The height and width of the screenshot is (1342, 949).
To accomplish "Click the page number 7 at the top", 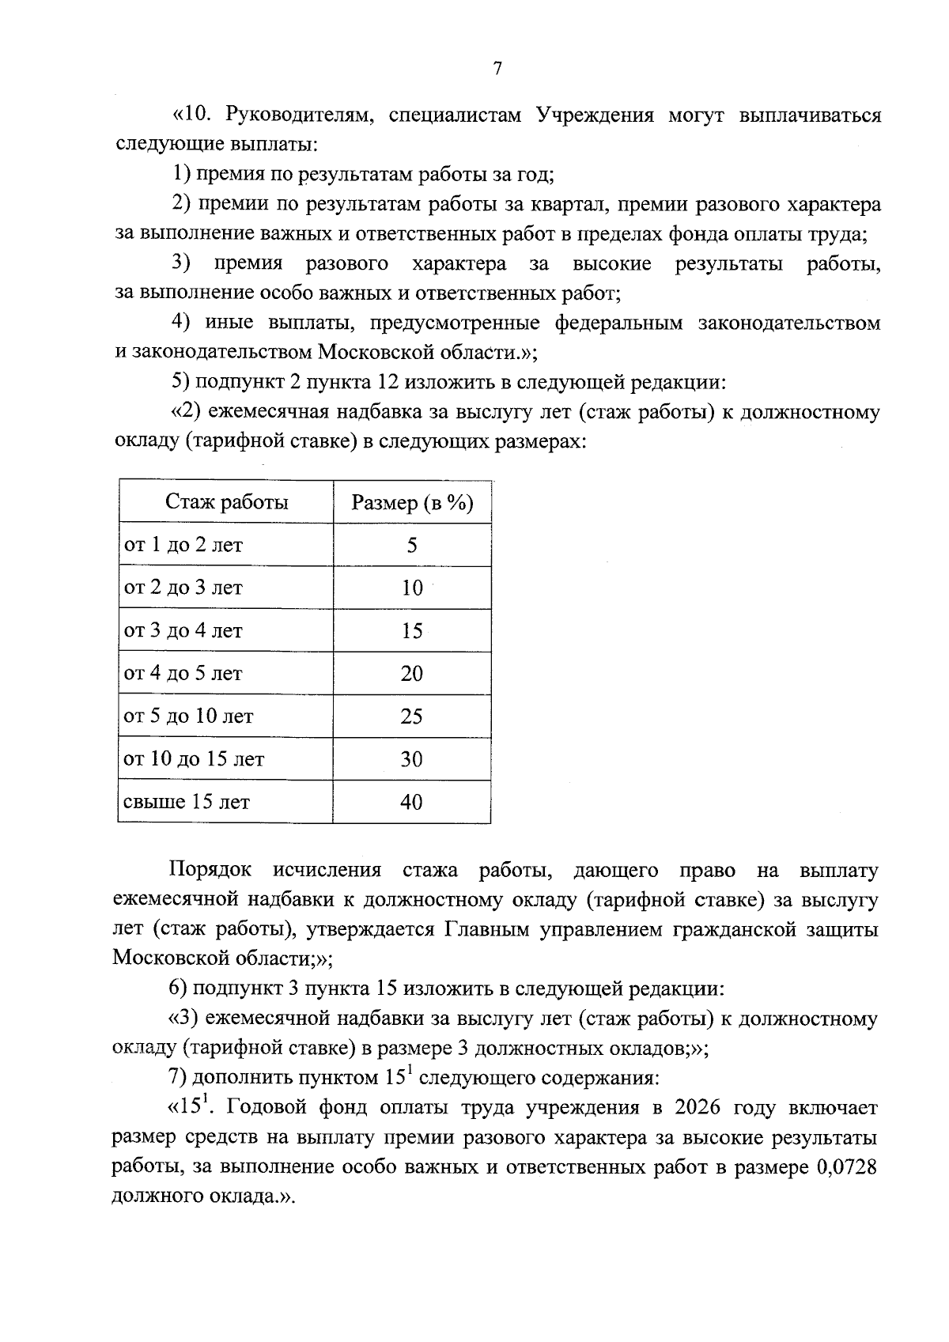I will point(497,70).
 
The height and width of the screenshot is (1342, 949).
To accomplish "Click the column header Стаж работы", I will point(226,502).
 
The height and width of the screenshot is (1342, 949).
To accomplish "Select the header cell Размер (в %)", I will point(412,503).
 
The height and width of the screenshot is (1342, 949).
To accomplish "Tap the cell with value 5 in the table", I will point(412,546).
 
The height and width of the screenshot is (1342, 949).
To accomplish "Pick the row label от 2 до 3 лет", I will point(183,588).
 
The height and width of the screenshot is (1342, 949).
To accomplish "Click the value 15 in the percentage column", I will point(412,631).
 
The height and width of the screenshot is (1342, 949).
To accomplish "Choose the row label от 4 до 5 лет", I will point(183,674).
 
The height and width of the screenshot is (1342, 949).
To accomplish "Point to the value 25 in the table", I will point(412,716).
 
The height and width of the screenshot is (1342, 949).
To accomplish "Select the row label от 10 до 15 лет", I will point(195,759).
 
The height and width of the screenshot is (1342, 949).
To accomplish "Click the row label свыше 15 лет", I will point(187,802).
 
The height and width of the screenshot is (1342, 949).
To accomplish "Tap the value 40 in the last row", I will point(412,802).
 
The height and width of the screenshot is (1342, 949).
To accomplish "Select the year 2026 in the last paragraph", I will point(698,1108).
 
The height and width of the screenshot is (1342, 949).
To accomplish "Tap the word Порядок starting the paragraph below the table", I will point(210,871).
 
